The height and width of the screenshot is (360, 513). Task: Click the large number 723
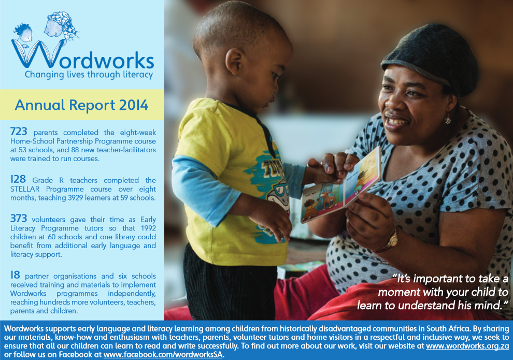tap(19, 132)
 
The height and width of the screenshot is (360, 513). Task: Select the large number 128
tap(18, 179)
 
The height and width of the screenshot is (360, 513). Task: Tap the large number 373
tap(19, 219)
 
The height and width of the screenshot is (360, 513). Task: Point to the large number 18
tap(15, 275)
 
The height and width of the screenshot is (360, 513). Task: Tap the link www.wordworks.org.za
tap(467, 346)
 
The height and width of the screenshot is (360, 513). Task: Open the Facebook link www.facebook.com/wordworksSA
tap(163, 355)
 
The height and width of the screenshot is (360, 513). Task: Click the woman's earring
tap(448, 120)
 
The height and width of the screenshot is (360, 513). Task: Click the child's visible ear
tap(234, 62)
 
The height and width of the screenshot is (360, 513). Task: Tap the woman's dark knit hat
tap(432, 57)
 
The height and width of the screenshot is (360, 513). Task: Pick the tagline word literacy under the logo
tap(138, 75)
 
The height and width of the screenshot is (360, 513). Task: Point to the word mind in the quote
tap(487, 306)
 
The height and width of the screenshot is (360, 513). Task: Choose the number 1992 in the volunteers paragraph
tap(148, 228)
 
